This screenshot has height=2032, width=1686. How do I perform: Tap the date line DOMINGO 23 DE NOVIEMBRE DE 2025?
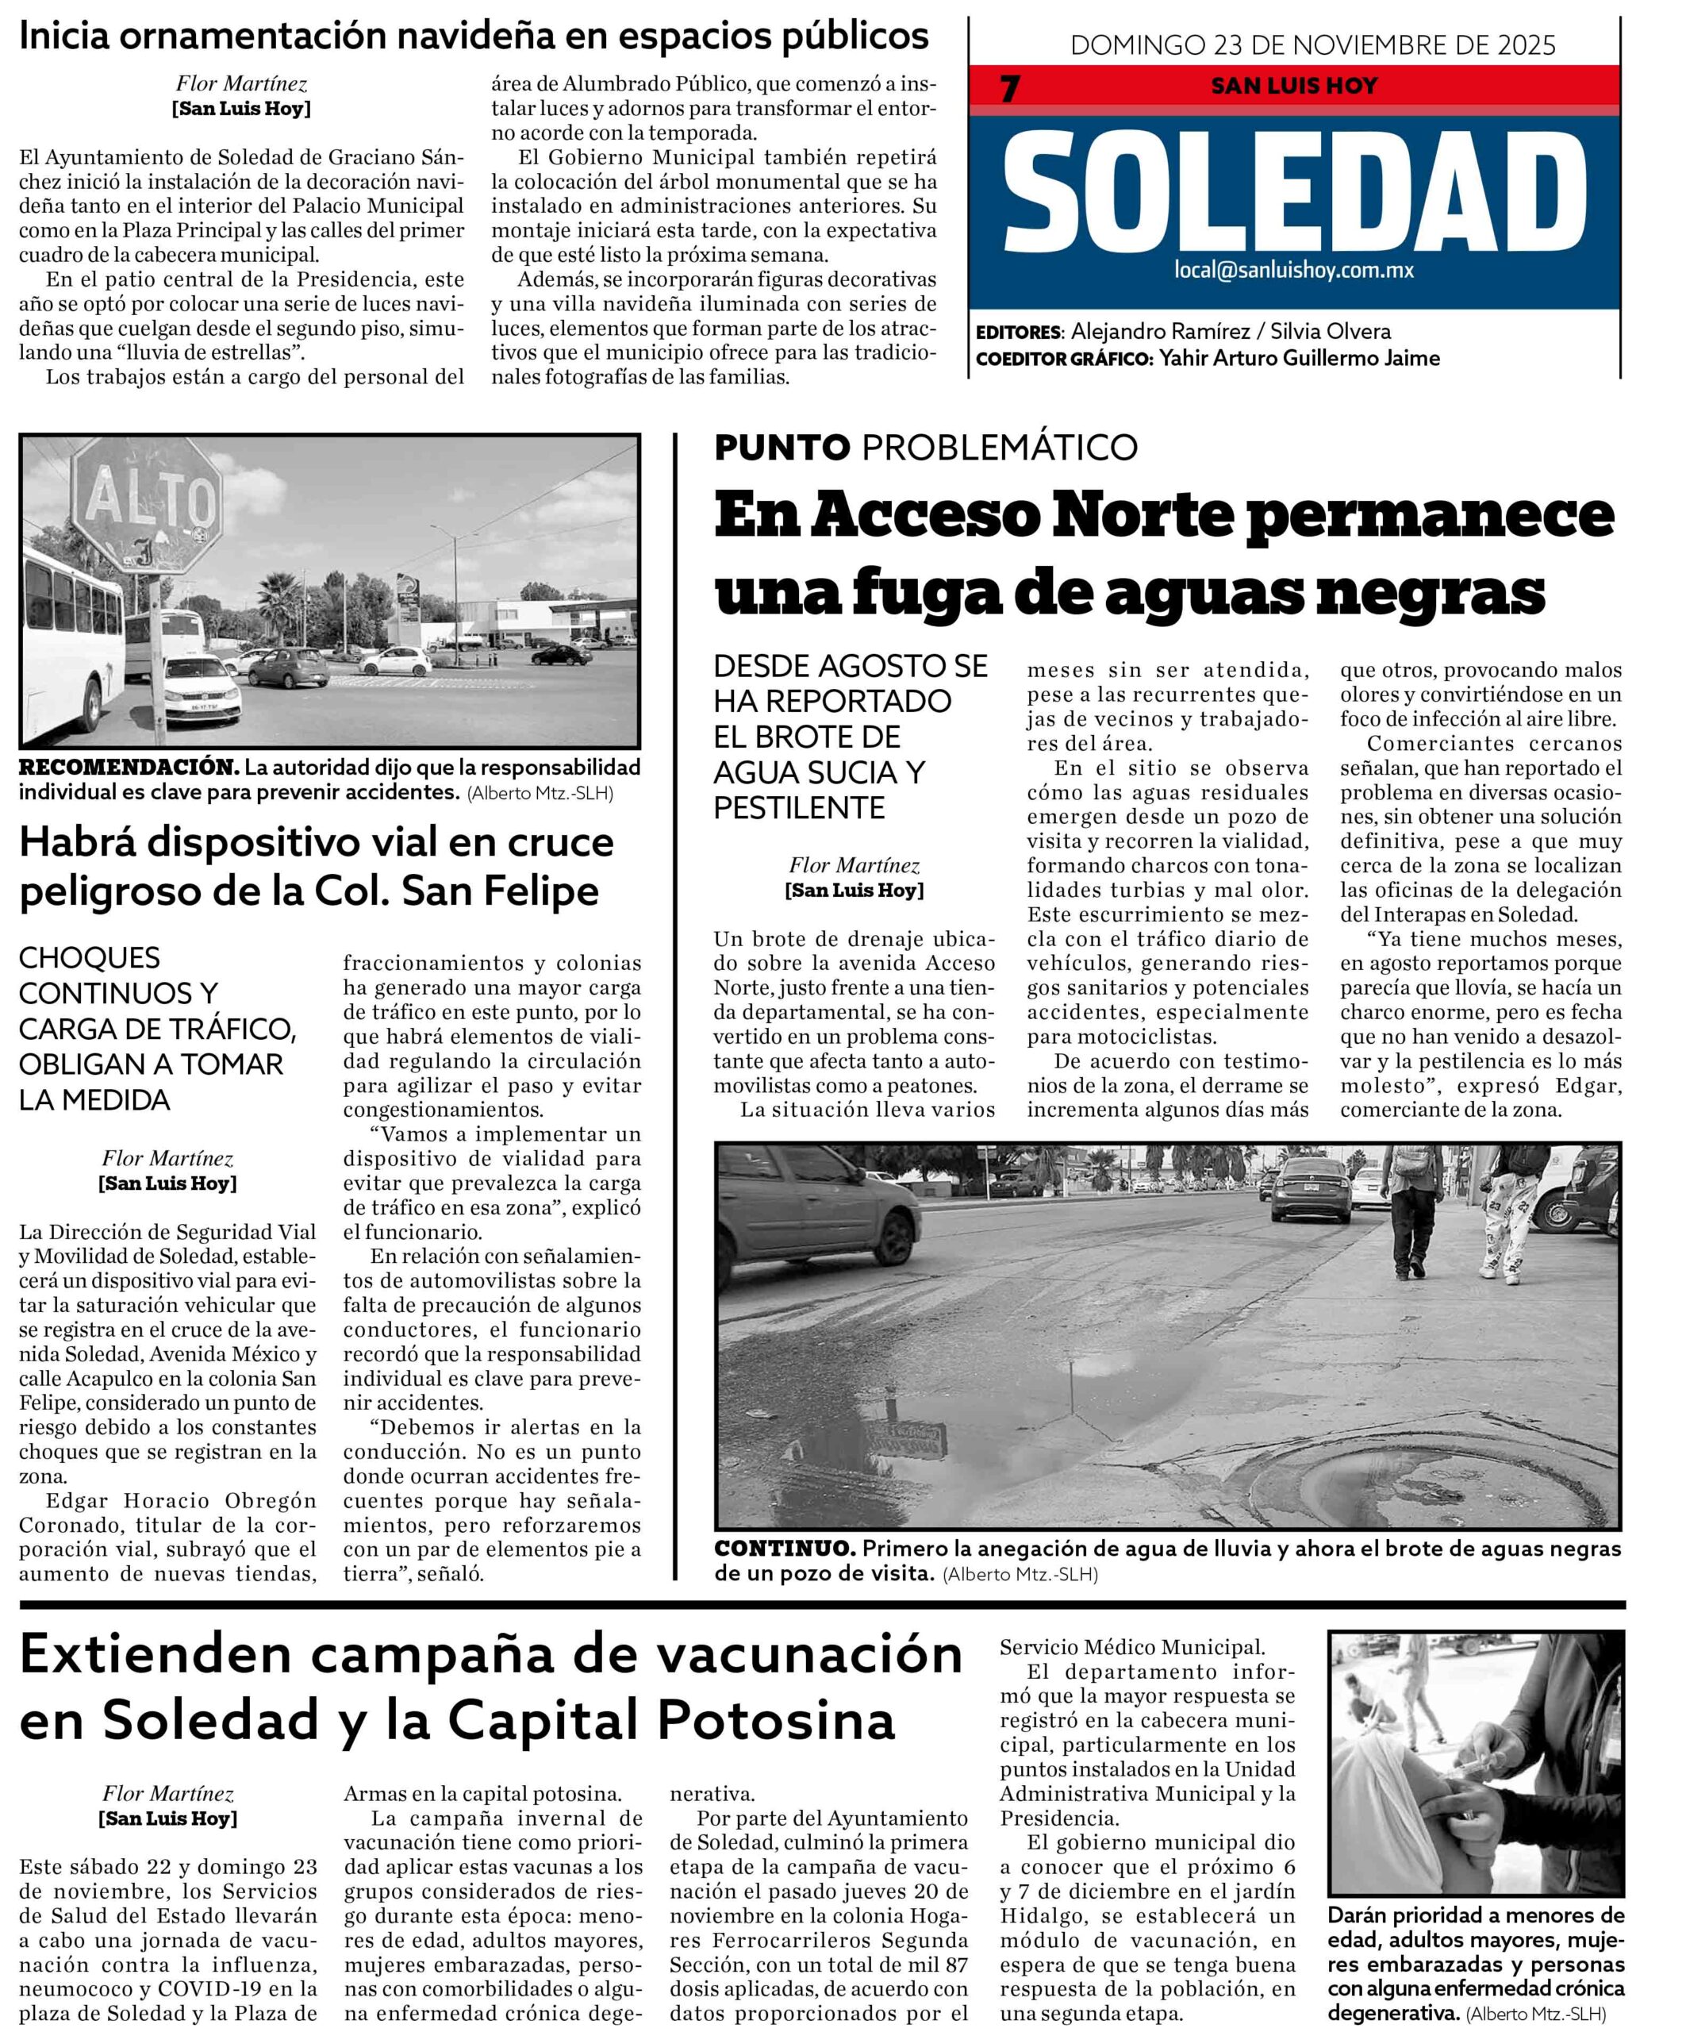[1312, 45]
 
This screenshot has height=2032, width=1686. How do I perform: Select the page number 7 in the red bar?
[1010, 89]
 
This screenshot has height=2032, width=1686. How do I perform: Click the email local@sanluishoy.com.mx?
[1293, 271]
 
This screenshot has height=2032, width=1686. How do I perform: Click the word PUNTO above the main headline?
[782, 447]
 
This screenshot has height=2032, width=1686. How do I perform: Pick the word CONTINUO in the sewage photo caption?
[785, 1548]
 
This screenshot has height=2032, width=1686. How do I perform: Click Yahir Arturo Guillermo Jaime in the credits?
[1299, 358]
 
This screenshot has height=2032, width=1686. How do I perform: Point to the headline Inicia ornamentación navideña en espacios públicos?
[474, 36]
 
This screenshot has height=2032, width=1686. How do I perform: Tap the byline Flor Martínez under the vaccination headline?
[167, 1794]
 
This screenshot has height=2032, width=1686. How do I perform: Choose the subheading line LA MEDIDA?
[94, 1100]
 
